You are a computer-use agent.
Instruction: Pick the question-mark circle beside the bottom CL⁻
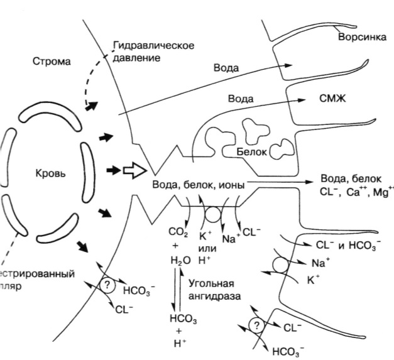(x=255, y=325)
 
